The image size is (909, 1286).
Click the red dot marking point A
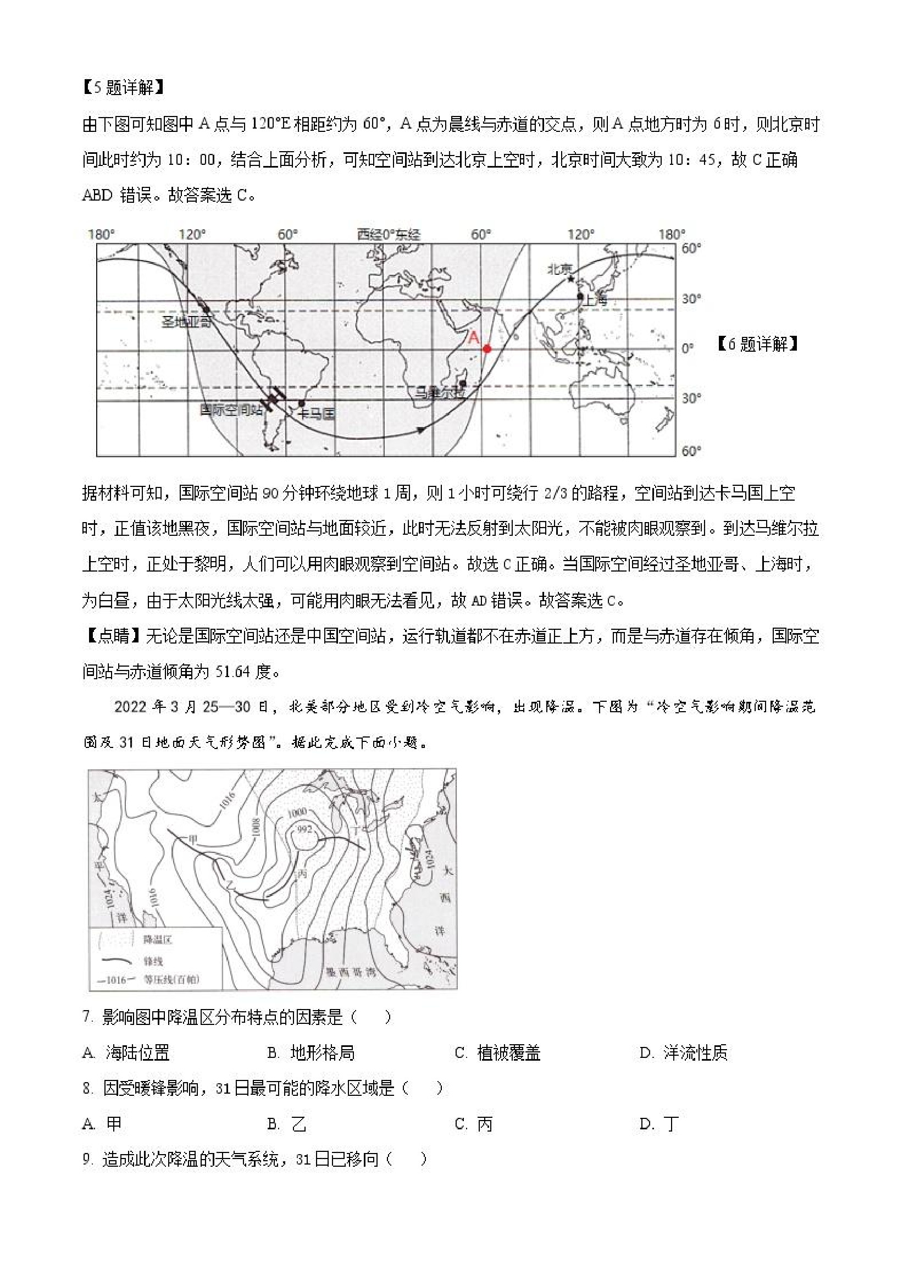[x=487, y=348]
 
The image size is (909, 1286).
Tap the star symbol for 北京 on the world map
[x=570, y=279]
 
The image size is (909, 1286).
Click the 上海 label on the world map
[x=595, y=300]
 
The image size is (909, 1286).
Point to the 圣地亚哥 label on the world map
[x=187, y=321]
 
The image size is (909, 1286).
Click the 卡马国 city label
[x=317, y=414]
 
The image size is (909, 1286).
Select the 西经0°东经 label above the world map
[x=389, y=235]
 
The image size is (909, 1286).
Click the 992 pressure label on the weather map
[x=304, y=829]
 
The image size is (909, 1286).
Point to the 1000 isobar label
[x=297, y=812]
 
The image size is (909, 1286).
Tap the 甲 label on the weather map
[x=193, y=839]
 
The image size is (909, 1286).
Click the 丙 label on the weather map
[x=303, y=874]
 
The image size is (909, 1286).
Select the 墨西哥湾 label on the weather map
[x=351, y=972]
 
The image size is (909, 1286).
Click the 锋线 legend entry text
[x=153, y=961]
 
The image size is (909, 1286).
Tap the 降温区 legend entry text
[x=157, y=939]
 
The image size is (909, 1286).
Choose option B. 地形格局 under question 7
[x=312, y=1053]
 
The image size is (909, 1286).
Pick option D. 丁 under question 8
[x=660, y=1123]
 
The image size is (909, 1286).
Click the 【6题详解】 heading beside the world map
[x=758, y=344]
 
